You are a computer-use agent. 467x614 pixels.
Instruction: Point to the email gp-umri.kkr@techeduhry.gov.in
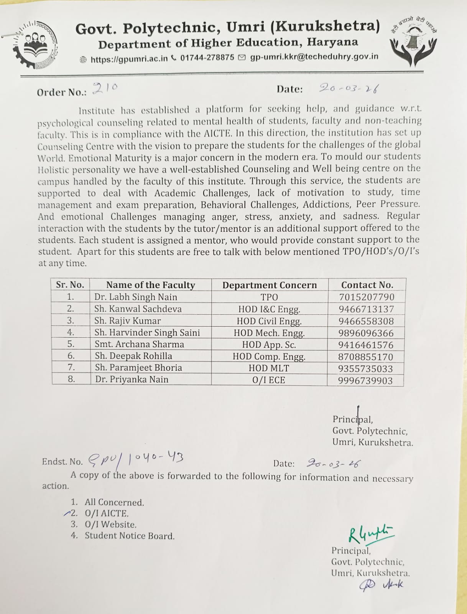(x=314, y=57)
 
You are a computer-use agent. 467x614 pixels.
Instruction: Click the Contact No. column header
(x=367, y=285)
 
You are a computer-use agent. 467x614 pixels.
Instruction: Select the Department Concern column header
(x=270, y=285)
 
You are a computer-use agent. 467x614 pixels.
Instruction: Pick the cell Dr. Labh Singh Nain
(x=136, y=297)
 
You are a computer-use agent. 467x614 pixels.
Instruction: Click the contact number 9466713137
(x=366, y=309)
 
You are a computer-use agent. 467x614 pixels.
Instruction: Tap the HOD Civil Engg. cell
(x=269, y=321)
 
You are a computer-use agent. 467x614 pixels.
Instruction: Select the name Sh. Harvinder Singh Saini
(x=147, y=332)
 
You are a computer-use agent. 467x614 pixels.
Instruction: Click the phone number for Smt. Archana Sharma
(x=366, y=345)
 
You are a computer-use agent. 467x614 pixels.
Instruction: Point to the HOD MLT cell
(x=269, y=368)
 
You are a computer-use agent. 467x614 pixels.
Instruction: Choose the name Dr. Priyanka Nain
(x=132, y=380)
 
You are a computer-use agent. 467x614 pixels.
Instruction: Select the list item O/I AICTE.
(x=107, y=513)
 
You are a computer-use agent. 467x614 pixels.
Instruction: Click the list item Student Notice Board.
(x=130, y=536)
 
